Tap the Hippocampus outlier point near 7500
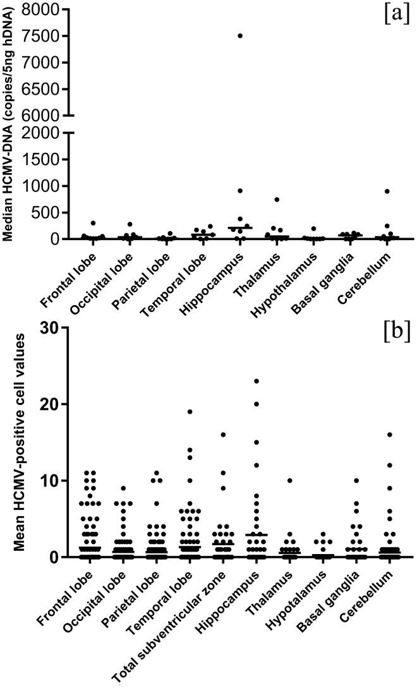coord(241,35)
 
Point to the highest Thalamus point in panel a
coord(277,200)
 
